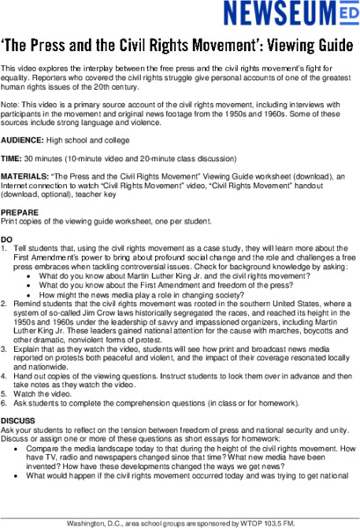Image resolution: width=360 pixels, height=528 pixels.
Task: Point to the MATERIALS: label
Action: point(25,176)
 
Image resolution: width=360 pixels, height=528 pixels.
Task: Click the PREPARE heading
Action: point(19,212)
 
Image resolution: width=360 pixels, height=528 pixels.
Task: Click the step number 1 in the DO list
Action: point(4,247)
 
